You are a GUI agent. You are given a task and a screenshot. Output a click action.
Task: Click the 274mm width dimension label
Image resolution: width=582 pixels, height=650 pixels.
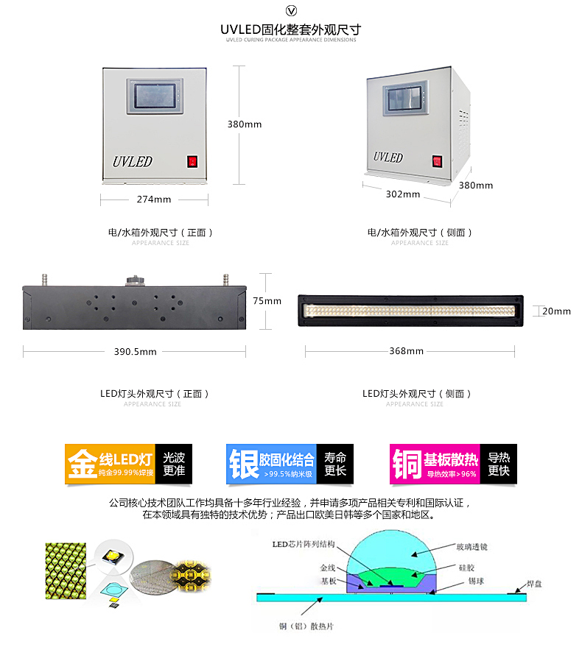point(154,199)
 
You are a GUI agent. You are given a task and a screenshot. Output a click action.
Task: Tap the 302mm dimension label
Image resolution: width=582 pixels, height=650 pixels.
point(403,194)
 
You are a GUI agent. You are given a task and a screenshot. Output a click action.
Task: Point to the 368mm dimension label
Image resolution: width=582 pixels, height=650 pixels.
point(406,351)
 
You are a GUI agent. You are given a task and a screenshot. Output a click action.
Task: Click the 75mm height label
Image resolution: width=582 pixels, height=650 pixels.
point(267,300)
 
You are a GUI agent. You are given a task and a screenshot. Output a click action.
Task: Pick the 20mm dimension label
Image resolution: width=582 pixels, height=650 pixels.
point(556,311)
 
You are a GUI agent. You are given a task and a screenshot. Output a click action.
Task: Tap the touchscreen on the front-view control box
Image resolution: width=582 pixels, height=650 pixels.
point(155,96)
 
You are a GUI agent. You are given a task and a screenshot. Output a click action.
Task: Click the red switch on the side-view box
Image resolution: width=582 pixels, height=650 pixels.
point(436,160)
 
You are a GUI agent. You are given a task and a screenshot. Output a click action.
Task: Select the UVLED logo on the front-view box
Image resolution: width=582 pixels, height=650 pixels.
point(133,160)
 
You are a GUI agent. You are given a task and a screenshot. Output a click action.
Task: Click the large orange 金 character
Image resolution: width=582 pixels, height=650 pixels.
point(81,464)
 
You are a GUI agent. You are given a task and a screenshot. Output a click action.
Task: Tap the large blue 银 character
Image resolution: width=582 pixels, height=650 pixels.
point(243,464)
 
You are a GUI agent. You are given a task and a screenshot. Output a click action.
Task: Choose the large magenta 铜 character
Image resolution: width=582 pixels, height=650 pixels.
point(407,464)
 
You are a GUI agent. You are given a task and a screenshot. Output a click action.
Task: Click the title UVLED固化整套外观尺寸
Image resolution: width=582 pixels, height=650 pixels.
point(290,29)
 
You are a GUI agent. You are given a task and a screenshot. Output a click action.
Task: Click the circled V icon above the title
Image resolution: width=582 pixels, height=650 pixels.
point(291,10)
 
